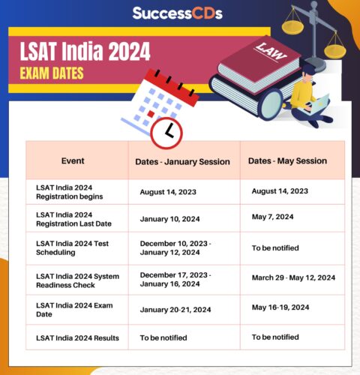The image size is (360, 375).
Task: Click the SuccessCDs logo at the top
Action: [178, 13]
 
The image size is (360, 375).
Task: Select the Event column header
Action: [73, 160]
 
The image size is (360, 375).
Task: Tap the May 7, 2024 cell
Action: [272, 217]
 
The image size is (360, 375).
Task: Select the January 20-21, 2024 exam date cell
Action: [175, 310]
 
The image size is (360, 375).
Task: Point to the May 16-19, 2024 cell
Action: [280, 307]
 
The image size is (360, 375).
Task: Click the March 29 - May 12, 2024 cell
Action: [293, 277]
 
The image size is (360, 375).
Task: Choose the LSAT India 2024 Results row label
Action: [77, 338]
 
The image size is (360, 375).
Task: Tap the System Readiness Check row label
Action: [77, 281]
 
